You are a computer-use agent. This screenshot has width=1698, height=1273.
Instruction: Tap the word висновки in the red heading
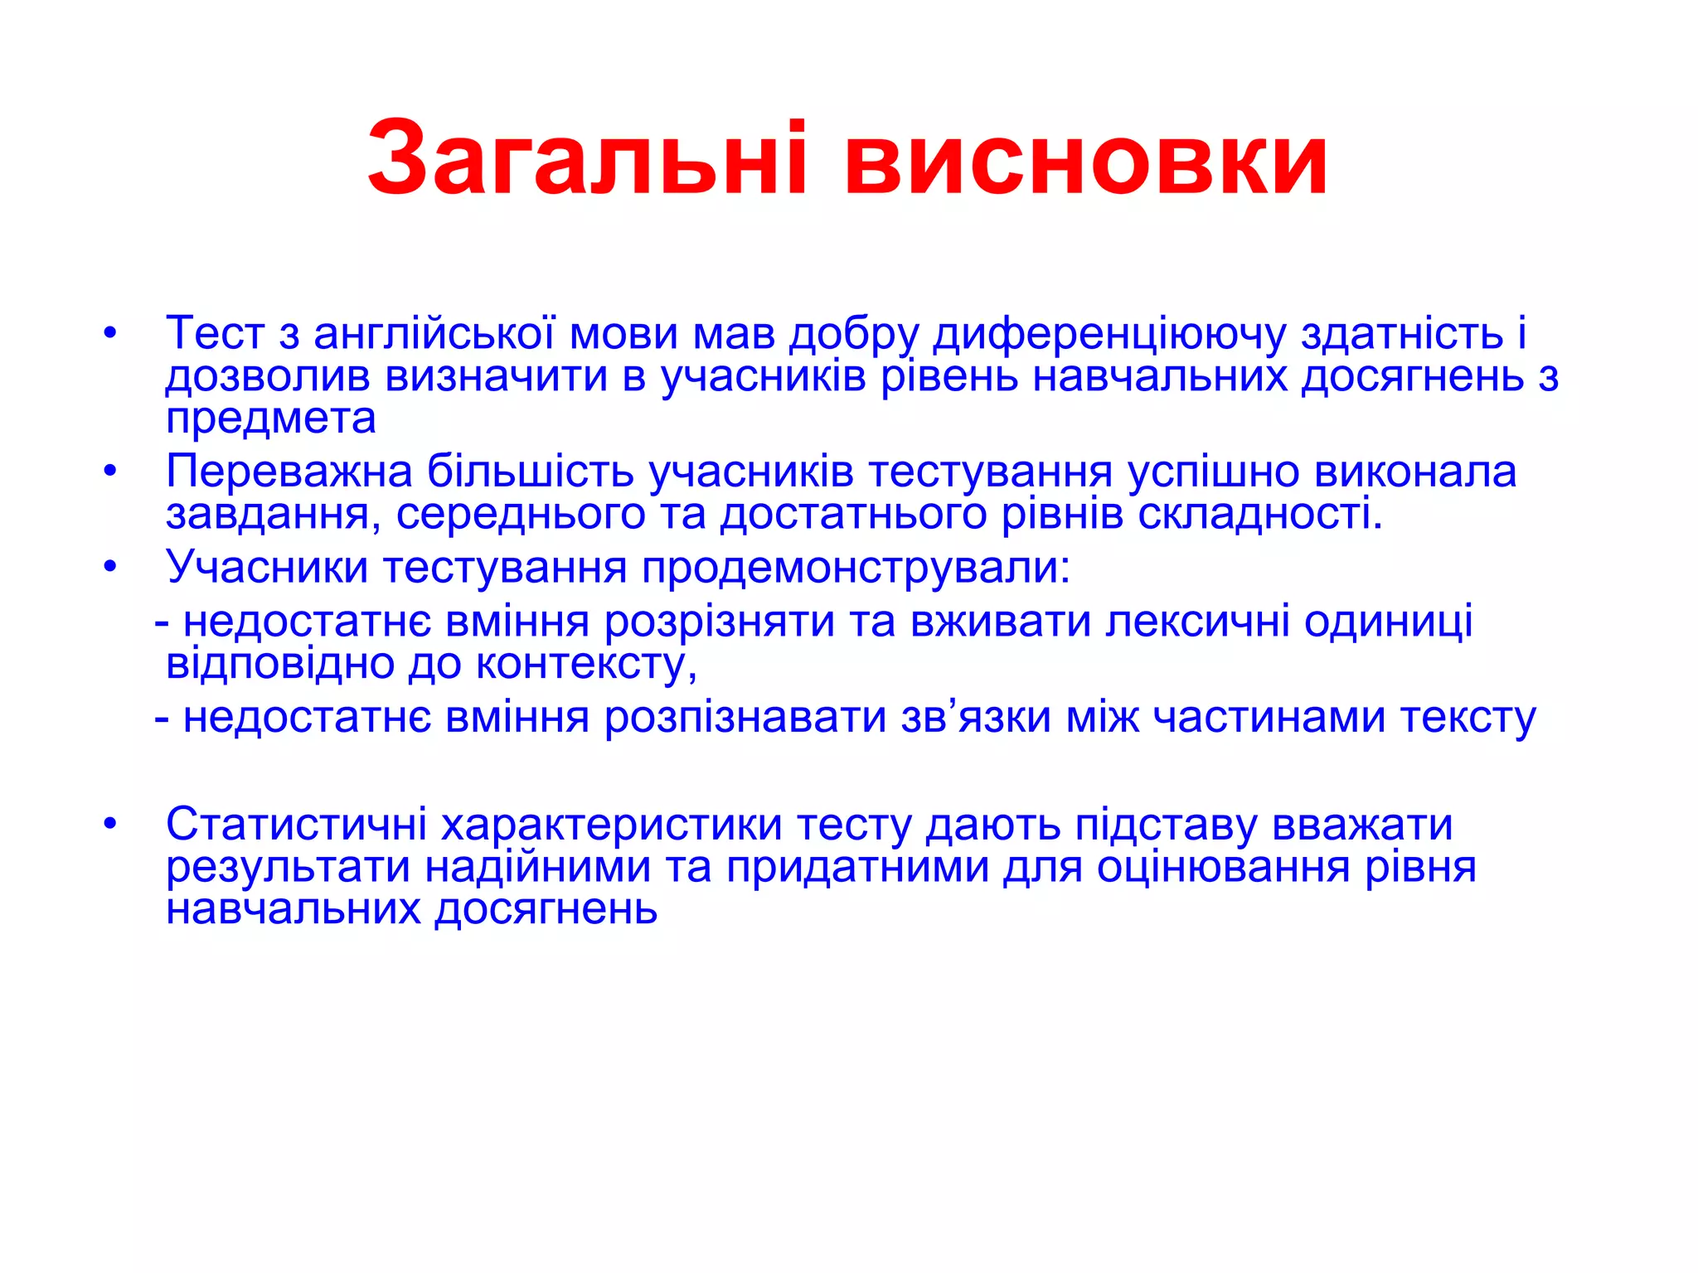click(1086, 159)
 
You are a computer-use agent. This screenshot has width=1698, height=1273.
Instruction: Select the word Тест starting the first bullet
click(216, 333)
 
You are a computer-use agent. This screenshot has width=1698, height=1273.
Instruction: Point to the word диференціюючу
click(1110, 333)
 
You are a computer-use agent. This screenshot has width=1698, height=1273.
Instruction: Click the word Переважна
click(289, 472)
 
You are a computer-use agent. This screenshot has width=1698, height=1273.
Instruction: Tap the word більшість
click(530, 472)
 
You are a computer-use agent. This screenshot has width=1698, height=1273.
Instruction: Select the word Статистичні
click(296, 825)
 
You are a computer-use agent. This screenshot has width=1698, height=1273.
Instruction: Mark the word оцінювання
click(1224, 867)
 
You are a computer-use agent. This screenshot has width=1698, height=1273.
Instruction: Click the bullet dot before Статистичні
click(111, 825)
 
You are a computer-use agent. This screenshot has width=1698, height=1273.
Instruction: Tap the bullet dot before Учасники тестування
click(111, 569)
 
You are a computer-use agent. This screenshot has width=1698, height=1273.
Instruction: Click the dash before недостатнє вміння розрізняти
click(162, 623)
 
